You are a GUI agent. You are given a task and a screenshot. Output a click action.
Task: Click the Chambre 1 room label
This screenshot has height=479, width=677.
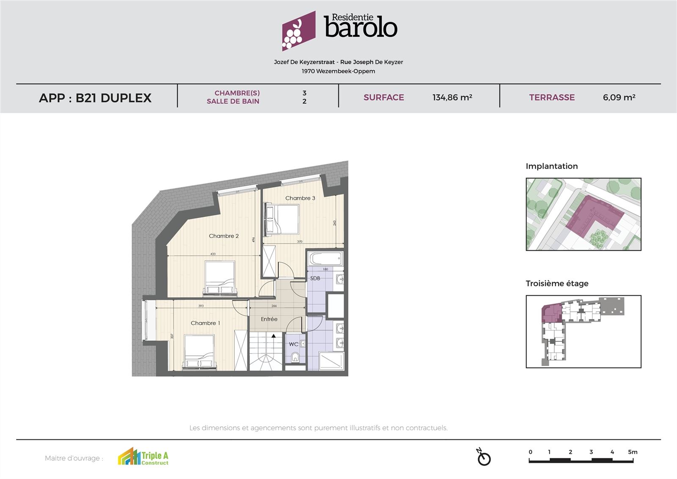click(205, 323)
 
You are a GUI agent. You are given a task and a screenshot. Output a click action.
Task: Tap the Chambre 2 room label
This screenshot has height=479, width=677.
click(224, 236)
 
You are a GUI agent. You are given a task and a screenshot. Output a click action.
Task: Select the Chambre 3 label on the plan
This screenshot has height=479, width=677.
click(300, 198)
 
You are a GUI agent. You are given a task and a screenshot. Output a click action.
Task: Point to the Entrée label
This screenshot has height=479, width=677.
click(269, 319)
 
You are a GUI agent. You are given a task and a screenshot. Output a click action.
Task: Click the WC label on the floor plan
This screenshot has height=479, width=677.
click(293, 344)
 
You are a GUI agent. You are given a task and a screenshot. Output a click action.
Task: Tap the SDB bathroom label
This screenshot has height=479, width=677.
click(315, 278)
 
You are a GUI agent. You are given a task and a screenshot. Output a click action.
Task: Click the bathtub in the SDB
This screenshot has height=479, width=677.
click(325, 258)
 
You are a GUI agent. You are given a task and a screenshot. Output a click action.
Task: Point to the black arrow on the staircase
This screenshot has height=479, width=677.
click(274, 336)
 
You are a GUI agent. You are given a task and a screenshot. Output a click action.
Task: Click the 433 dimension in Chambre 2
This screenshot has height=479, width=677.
click(213, 254)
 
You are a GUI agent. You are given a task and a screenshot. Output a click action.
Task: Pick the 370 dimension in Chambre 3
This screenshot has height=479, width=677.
click(300, 242)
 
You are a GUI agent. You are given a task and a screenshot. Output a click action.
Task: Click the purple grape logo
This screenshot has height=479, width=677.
click(299, 31)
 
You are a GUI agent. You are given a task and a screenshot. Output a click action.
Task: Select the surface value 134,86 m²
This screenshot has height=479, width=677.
click(452, 97)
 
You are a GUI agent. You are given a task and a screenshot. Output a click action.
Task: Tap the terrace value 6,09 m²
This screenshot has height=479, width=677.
click(619, 97)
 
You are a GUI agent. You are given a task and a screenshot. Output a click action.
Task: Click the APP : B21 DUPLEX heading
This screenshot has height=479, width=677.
click(95, 98)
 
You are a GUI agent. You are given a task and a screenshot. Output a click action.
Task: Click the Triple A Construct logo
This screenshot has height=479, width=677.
click(143, 457)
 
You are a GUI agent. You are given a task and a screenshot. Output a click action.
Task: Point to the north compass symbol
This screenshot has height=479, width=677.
click(483, 457)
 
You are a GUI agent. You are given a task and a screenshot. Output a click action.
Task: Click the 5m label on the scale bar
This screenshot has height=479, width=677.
click(632, 452)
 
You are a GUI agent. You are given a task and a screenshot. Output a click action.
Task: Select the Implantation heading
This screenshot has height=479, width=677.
click(551, 166)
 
